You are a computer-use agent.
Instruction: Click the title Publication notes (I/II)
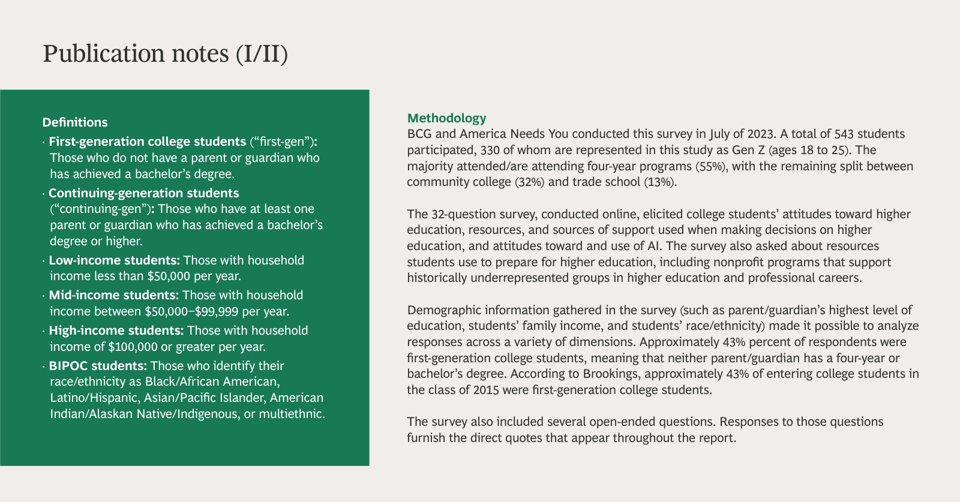pyautogui.click(x=165, y=53)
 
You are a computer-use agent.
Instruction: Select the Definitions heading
pyautogui.click(x=75, y=122)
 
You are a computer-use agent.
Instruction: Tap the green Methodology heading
pyautogui.click(x=446, y=118)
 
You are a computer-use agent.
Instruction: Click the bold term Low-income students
pyautogui.click(x=114, y=260)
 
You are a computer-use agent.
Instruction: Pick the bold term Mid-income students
pyautogui.click(x=113, y=295)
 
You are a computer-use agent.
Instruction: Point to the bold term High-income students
pyautogui.click(x=116, y=330)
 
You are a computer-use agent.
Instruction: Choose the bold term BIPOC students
pyautogui.click(x=97, y=366)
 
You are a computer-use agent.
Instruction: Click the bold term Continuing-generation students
pyautogui.click(x=143, y=193)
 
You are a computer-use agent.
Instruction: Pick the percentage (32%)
pyautogui.click(x=530, y=182)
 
